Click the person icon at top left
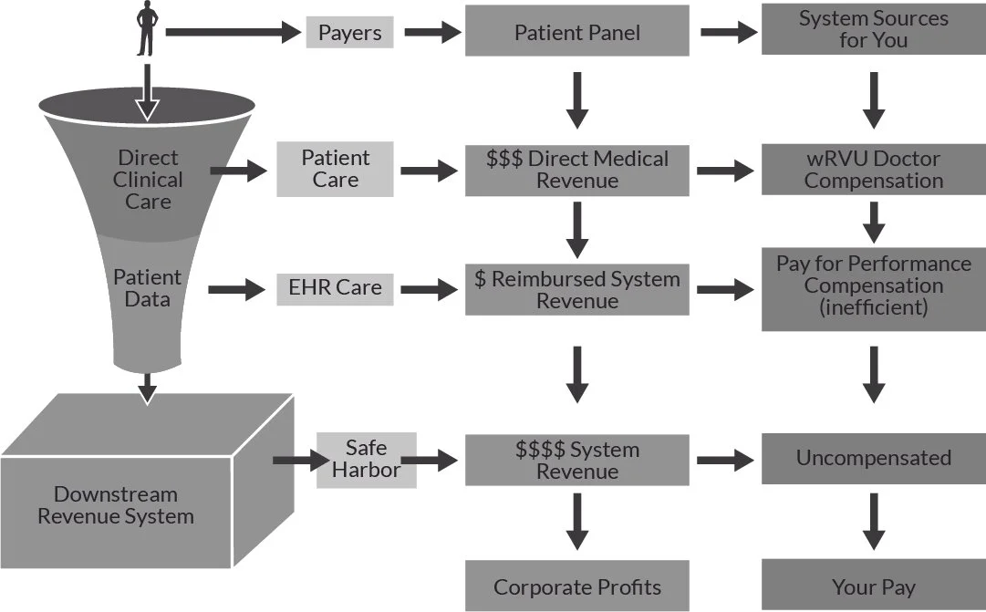(147, 28)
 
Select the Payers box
(349, 32)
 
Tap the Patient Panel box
(577, 31)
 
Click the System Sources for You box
(874, 29)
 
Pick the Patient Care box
(335, 169)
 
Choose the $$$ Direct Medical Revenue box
(577, 170)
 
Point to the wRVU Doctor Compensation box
(874, 170)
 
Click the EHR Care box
(335, 289)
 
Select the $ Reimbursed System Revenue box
(577, 289)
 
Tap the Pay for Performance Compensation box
(874, 289)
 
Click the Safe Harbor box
(366, 460)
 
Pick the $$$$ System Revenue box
(577, 460)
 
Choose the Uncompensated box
(874, 459)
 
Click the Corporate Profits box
(577, 586)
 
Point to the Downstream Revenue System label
(116, 505)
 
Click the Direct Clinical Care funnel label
(148, 180)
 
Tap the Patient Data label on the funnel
(147, 287)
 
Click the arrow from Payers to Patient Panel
(432, 32)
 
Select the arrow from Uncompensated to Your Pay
(874, 522)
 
